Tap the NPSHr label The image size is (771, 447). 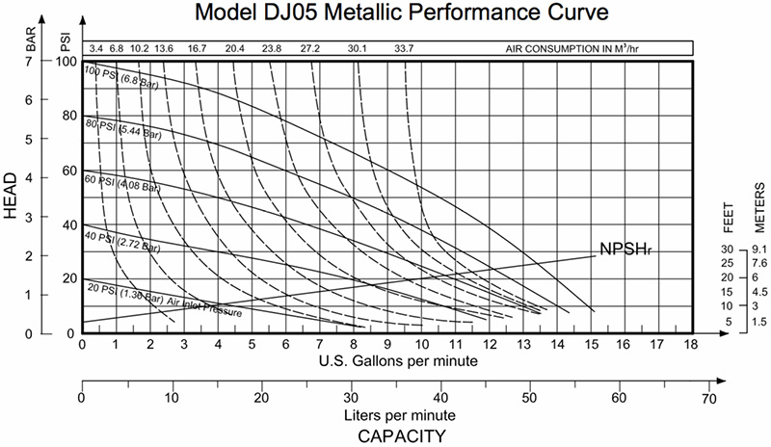624,249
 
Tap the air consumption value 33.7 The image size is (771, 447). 405,47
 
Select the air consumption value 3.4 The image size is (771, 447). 95,47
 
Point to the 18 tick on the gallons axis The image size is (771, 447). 691,344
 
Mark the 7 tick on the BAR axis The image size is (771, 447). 29,61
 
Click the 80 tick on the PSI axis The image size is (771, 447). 67,116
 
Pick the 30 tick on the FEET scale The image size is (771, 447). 728,250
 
